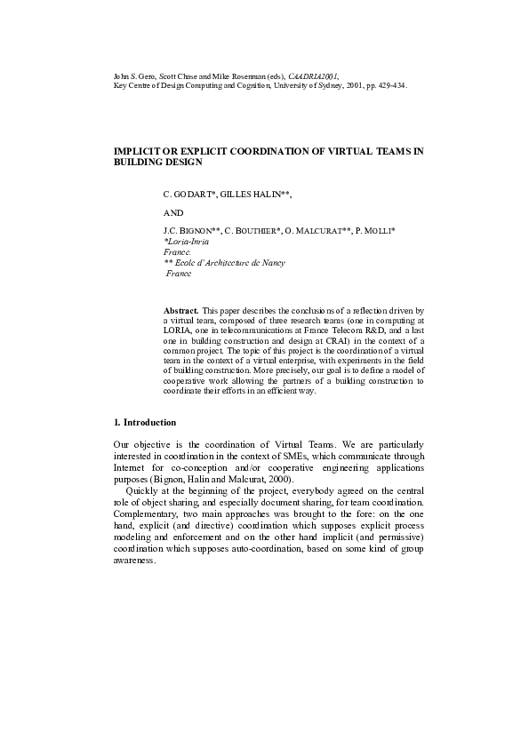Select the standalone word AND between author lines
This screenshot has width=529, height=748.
(x=173, y=213)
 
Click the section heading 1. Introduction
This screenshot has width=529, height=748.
(x=145, y=421)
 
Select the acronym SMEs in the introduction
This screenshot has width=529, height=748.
(x=292, y=455)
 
